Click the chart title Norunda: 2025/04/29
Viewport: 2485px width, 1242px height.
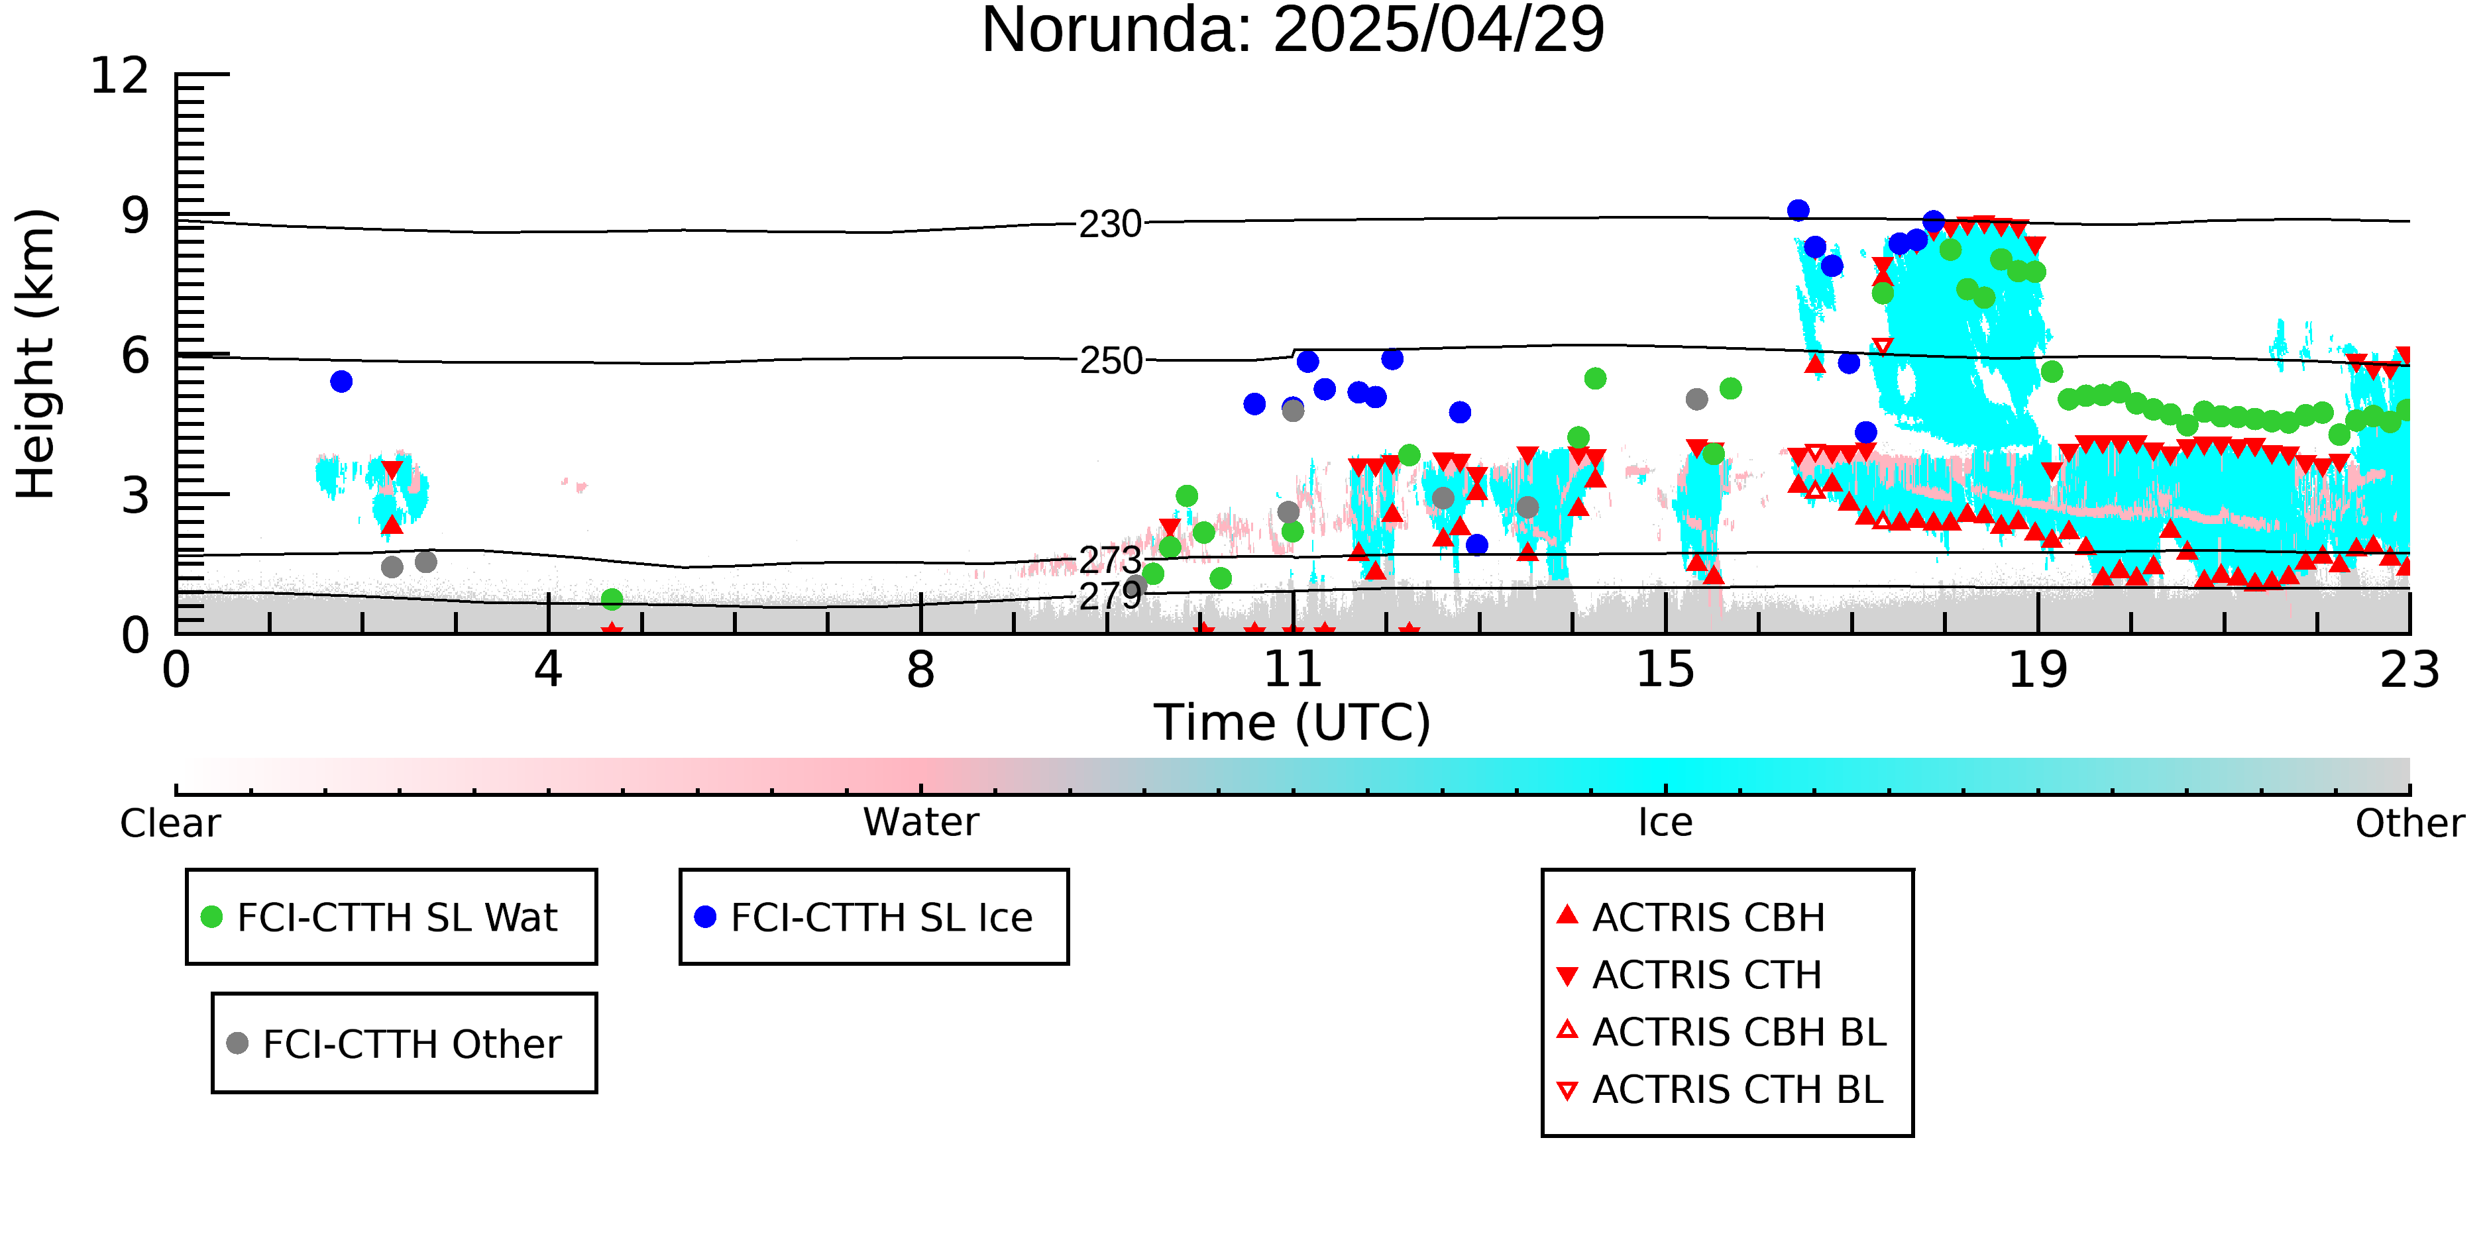1293,31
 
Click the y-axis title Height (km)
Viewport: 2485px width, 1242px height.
36,354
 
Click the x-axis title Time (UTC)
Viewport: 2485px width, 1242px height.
1293,722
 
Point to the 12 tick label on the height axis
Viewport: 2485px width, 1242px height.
120,76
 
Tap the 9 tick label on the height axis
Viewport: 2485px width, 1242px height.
136,216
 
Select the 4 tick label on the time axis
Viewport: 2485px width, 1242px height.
549,669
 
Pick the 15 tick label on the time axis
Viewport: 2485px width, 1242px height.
1665,669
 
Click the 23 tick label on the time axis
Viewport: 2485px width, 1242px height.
2409,669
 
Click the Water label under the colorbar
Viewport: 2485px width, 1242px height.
921,823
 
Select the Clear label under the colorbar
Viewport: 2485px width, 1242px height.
170,823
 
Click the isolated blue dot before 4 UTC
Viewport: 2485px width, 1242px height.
341,382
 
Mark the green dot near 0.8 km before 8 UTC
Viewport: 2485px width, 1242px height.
612,599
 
